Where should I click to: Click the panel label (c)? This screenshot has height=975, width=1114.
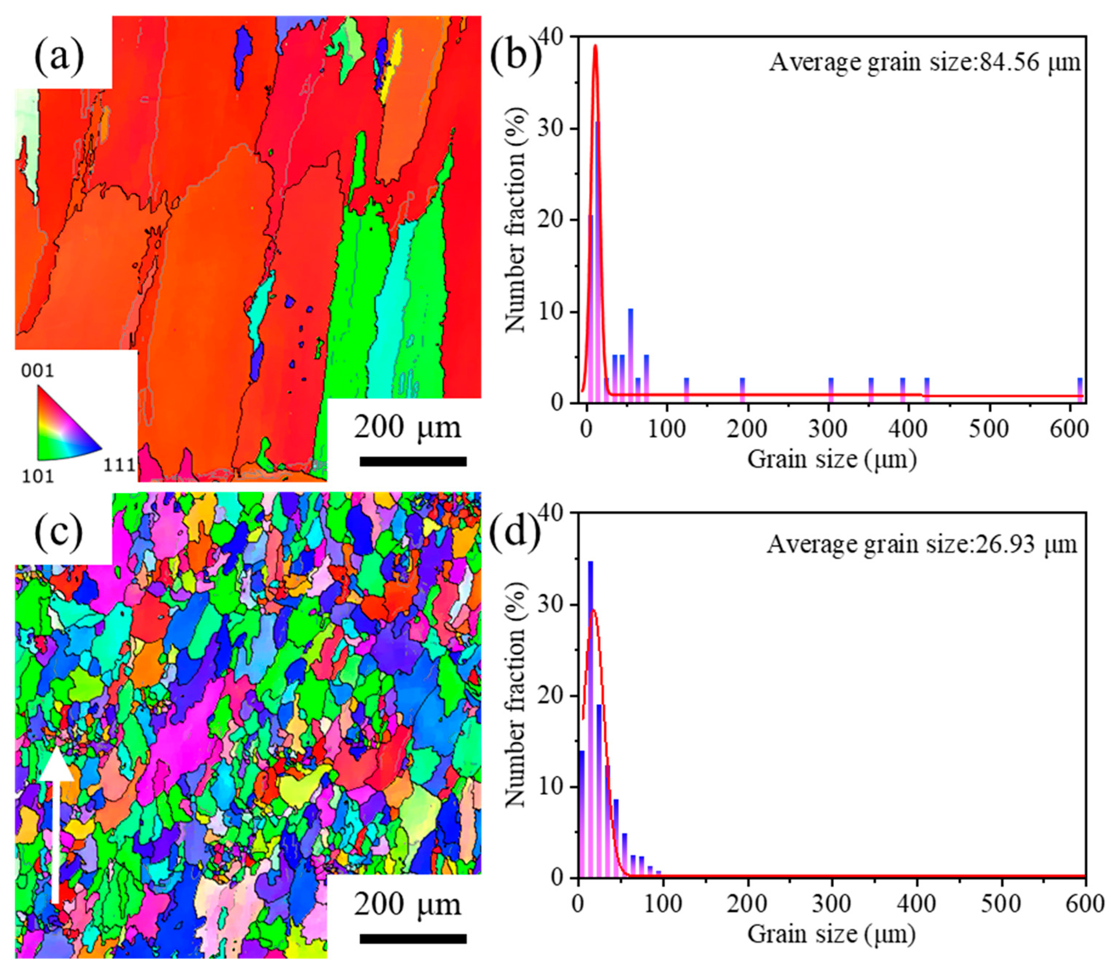pos(59,532)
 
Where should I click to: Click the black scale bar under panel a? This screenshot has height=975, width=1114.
pos(413,462)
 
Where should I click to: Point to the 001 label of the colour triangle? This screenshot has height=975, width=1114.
pos(38,372)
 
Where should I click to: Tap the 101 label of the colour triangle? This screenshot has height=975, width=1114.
pos(38,477)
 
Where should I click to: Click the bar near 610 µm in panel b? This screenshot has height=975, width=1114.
pos(1080,389)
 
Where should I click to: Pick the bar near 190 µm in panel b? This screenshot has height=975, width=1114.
pos(742,389)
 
